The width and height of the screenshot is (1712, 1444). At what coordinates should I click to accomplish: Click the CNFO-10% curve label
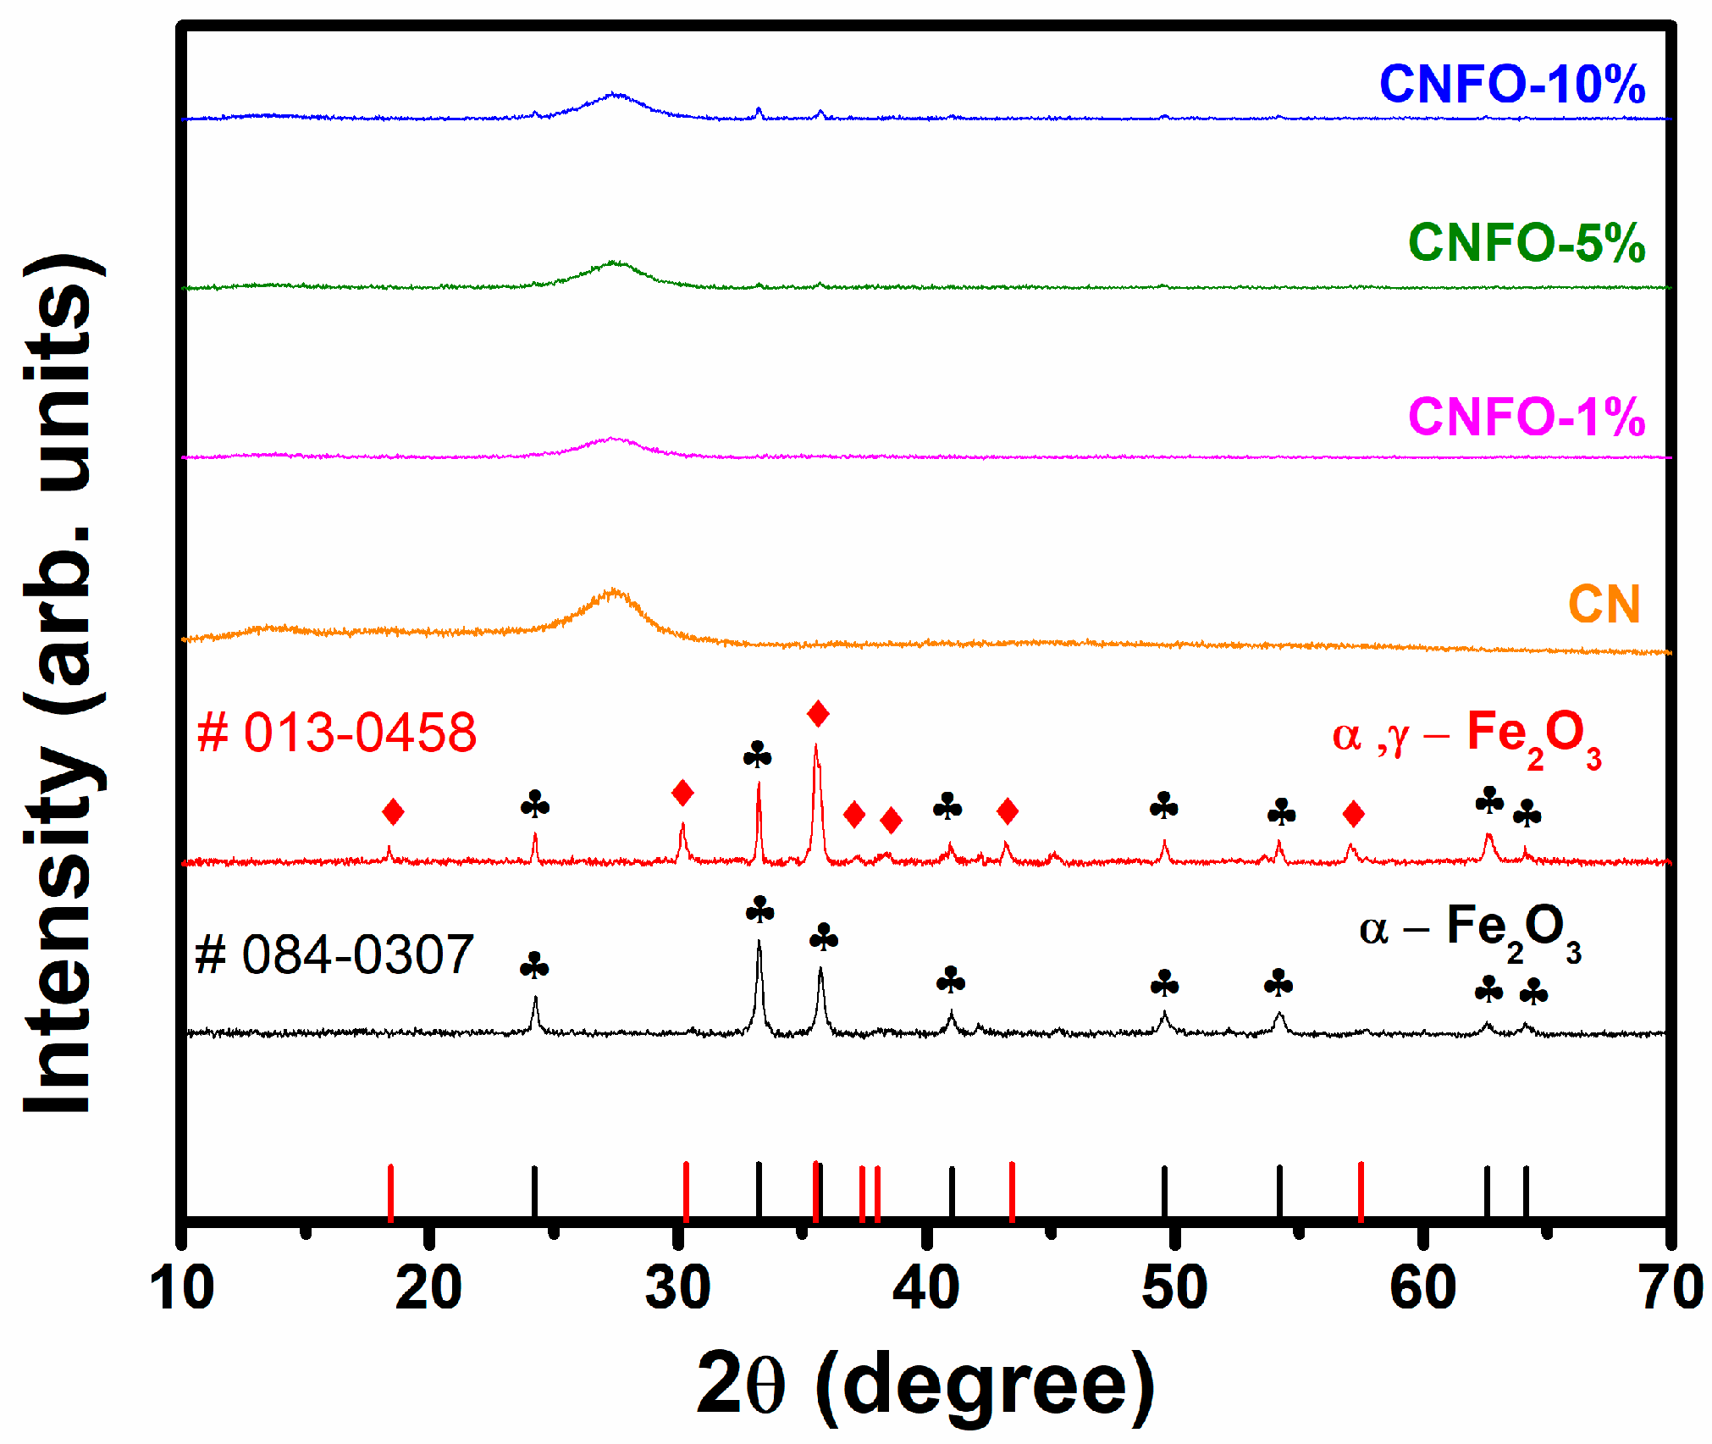1511,85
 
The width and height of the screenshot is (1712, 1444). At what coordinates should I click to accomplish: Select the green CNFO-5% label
1526,243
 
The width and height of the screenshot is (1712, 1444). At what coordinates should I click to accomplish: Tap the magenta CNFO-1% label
1526,417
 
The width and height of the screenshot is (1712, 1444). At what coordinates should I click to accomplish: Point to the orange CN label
1604,605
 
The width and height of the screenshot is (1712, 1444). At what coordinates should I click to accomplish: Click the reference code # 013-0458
336,733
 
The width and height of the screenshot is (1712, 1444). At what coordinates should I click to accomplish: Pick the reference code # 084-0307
334,955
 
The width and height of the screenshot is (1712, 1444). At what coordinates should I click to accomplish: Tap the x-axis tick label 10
181,1289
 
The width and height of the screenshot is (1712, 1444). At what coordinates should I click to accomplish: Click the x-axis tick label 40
925,1289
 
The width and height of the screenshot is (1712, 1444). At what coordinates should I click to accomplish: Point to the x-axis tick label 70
1671,1289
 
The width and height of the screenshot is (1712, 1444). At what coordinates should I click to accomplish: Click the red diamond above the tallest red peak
817,714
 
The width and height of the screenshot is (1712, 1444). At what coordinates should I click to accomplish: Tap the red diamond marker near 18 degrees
393,812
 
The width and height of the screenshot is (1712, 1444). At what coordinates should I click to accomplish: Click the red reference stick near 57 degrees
1361,1192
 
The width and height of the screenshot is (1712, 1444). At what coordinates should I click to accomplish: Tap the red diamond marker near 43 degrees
1007,811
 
